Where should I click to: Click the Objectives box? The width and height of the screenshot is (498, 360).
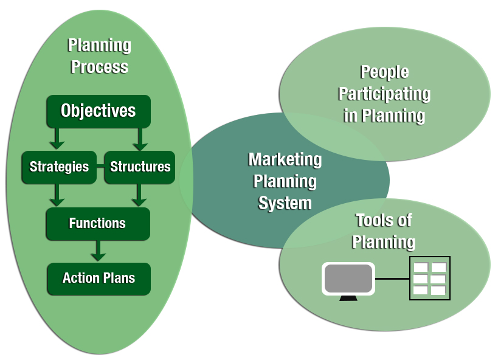tap(98, 111)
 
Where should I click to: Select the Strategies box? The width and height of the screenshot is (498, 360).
tap(59, 167)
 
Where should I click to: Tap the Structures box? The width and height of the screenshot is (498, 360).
tap(140, 167)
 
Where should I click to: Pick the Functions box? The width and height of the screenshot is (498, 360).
tap(97, 223)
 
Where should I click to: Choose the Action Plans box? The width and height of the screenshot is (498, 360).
tap(99, 278)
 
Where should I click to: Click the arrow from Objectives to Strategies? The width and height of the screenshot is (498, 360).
tap(57, 138)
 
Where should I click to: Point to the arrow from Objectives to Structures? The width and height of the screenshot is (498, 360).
tap(140, 138)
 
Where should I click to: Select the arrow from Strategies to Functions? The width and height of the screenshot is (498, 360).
tap(57, 195)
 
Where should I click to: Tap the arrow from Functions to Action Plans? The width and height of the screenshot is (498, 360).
tap(98, 250)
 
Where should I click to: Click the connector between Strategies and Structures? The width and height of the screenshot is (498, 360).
tap(100, 166)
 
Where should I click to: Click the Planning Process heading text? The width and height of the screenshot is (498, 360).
tap(99, 55)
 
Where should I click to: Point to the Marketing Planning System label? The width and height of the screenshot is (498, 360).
tap(285, 181)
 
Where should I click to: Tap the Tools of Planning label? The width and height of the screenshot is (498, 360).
tap(384, 230)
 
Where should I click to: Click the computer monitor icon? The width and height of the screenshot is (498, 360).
tap(348, 279)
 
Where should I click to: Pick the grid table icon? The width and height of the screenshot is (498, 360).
tap(429, 279)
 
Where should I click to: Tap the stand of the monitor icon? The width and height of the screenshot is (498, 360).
tap(348, 298)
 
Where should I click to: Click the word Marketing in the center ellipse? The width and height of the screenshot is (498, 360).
tap(285, 159)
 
